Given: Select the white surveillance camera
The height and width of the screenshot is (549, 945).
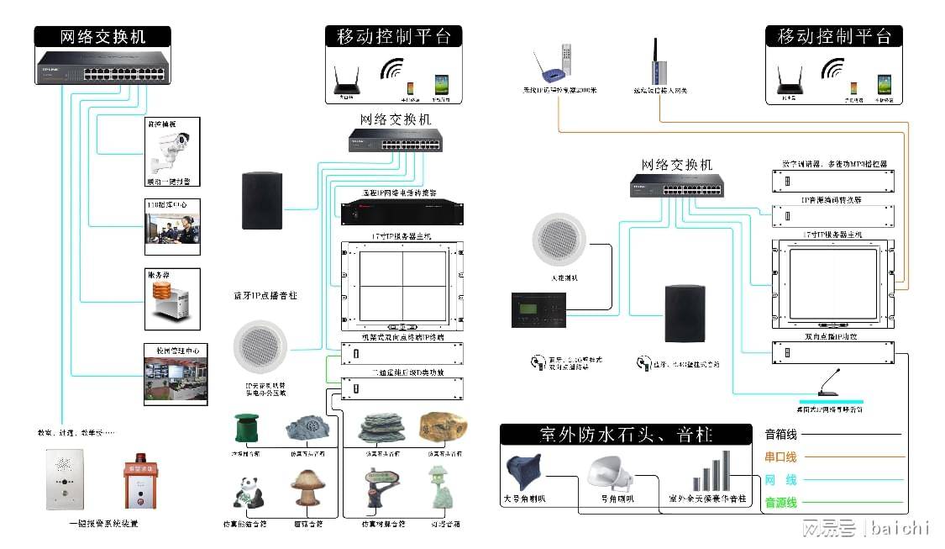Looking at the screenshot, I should click(171, 150).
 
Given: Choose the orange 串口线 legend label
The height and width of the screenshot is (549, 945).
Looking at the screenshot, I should click(780, 457).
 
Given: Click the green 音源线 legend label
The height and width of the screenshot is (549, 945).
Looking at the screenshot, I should click(780, 503).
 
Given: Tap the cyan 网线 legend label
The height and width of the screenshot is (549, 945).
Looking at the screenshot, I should click(780, 480).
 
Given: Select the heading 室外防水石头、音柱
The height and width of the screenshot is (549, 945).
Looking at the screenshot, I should click(625, 435).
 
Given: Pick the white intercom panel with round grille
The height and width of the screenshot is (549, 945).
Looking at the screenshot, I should click(64, 480).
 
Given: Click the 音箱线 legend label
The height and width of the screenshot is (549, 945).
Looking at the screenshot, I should click(780, 435).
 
